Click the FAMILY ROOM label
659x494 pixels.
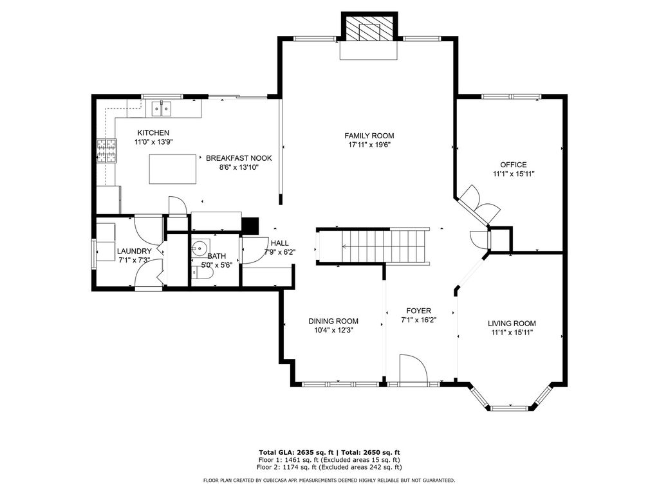click(x=369, y=136)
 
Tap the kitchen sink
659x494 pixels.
click(x=162, y=109)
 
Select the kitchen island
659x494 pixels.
click(x=172, y=169)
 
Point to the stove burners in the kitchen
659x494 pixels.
click(x=106, y=151)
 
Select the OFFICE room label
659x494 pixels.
click(x=513, y=165)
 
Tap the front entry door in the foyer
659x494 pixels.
click(x=414, y=370)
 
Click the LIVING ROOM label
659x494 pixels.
click(x=512, y=324)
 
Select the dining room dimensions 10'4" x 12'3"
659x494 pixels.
click(x=333, y=330)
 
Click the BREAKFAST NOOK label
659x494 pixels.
click(x=239, y=158)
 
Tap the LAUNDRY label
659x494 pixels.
click(x=134, y=252)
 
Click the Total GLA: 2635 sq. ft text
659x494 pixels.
click(x=296, y=452)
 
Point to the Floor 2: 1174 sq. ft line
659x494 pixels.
click(x=329, y=467)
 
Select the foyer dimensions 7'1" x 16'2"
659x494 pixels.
click(x=418, y=320)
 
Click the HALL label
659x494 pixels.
click(x=279, y=243)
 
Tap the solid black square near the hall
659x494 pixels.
click(x=250, y=224)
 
